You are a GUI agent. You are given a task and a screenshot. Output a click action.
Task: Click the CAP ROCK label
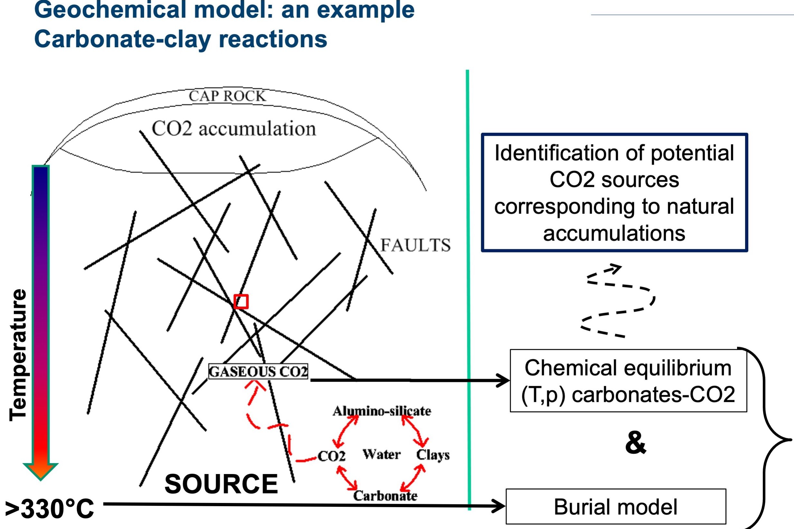227,96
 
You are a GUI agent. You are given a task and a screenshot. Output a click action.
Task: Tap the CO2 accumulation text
234,129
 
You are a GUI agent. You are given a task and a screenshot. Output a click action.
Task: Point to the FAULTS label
416,245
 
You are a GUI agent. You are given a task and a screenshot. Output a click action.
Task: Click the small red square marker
241,302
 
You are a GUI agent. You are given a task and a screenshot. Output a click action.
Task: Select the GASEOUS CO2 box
258,371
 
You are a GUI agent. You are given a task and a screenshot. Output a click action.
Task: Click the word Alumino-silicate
382,411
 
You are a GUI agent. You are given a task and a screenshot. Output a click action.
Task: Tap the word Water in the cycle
381,454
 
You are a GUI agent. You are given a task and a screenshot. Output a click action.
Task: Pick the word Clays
433,455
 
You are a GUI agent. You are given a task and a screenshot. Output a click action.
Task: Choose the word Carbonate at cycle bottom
385,496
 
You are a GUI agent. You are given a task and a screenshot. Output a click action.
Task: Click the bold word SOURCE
221,484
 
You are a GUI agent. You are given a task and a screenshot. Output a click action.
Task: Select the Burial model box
615,507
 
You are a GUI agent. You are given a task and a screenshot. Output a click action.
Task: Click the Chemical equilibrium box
628,381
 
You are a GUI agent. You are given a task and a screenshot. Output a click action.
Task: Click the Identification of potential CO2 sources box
614,193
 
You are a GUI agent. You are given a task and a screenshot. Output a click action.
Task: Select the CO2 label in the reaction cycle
332,456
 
